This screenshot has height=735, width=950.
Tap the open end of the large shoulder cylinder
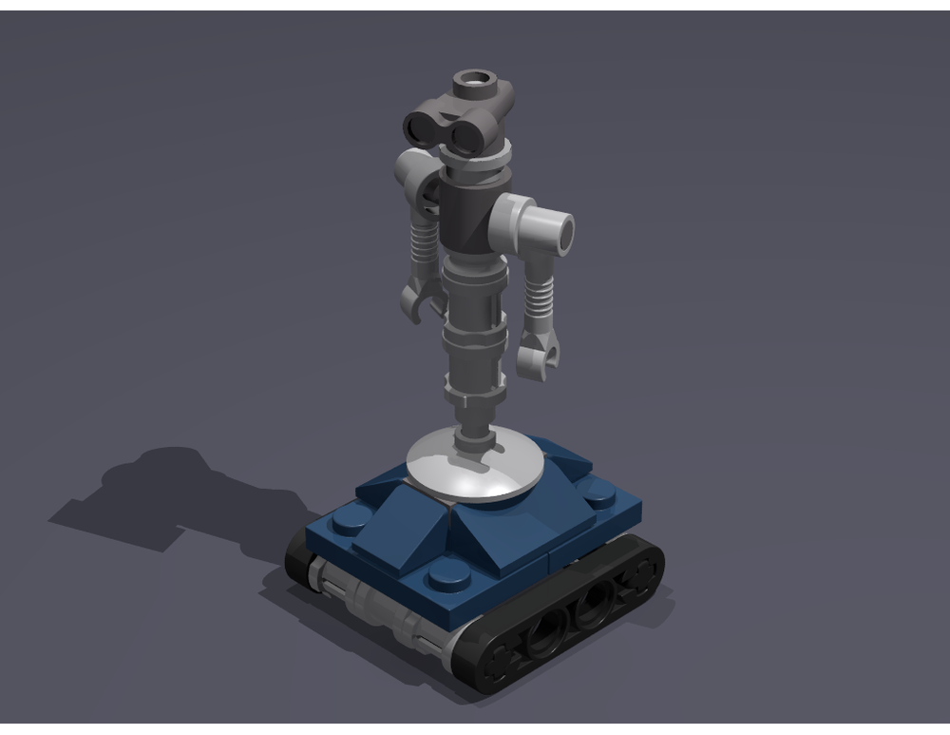point(560,230)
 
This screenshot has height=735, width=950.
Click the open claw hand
point(415,301)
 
